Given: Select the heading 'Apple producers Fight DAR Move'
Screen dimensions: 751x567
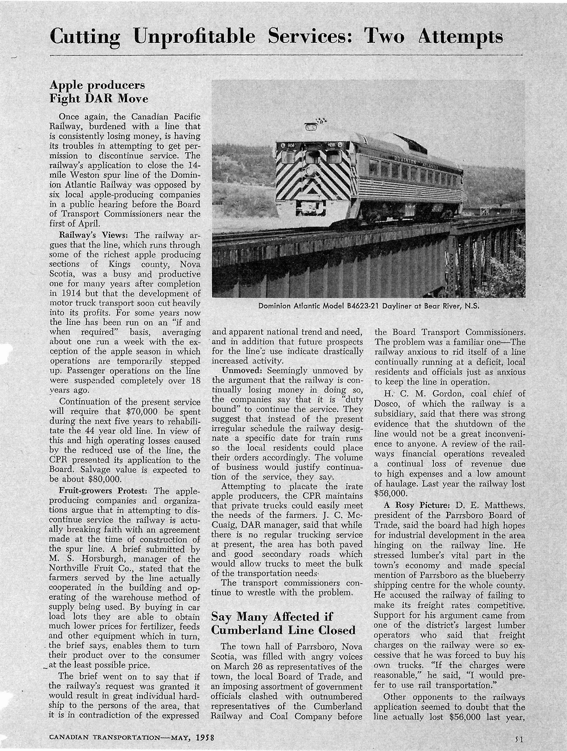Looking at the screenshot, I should pos(99,92).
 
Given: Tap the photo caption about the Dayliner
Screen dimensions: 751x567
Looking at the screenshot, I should pos(368,306).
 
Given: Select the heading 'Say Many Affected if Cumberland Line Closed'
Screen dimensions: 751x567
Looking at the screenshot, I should pos(283,623).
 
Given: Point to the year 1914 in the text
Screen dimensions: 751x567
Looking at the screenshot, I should pos(73,293).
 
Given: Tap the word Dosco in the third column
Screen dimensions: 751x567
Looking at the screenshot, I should pos(387,404).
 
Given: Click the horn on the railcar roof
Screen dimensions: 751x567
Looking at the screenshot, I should pos(311,126).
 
